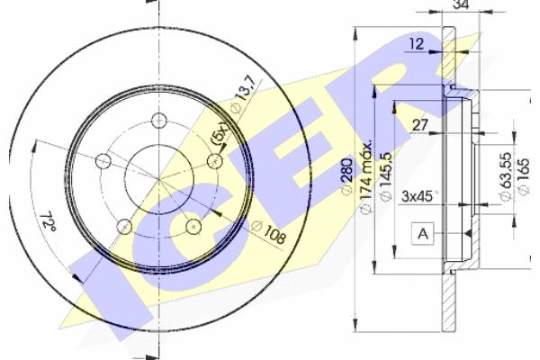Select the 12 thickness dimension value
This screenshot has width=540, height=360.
(x=417, y=44)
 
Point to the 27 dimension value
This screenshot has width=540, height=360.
(x=419, y=125)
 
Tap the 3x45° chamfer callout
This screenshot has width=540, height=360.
(x=419, y=196)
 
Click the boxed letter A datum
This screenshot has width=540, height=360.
(x=423, y=234)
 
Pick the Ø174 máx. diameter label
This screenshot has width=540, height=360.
(x=365, y=176)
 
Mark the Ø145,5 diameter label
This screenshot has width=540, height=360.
(x=385, y=175)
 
